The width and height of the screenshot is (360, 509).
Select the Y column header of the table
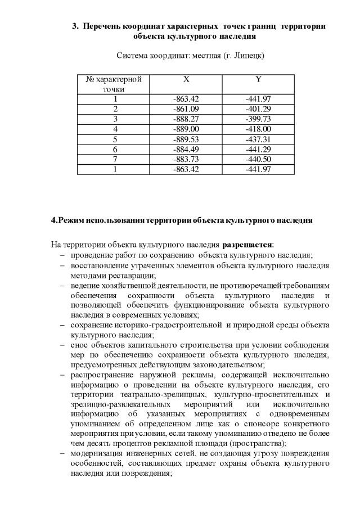[258, 79]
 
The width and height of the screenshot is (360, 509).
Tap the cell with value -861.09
[186, 109]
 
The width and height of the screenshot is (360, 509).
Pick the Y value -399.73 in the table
[258, 119]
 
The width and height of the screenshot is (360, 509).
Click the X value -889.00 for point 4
[186, 129]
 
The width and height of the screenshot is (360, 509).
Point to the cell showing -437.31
[258, 139]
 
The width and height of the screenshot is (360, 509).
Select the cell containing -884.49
[186, 149]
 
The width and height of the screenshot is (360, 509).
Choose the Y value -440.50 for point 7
[258, 159]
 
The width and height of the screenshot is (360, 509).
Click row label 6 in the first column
[115, 149]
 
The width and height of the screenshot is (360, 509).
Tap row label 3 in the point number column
[115, 119]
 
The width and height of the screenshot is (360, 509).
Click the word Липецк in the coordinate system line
[242, 56]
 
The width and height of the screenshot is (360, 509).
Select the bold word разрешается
[247, 245]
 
